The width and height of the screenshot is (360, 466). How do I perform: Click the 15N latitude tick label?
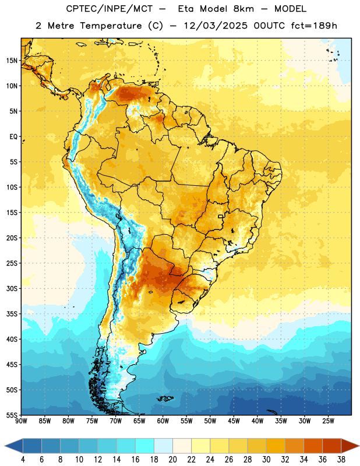(12, 61)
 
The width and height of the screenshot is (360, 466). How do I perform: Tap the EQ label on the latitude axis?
(13, 137)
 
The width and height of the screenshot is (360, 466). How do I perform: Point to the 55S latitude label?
(12, 415)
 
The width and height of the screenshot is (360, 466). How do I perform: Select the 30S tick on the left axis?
(12, 288)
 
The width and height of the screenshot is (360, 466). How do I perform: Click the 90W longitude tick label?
(21, 421)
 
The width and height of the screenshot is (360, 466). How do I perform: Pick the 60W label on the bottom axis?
(163, 421)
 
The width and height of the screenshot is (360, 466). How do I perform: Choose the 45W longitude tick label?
(234, 421)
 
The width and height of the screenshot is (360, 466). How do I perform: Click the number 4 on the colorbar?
(23, 460)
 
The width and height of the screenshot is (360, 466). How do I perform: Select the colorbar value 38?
(341, 460)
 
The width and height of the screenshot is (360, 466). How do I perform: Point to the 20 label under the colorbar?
(172, 460)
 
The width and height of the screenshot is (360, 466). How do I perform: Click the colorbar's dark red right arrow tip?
(358, 446)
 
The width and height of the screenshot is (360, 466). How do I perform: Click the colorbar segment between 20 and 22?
(182, 446)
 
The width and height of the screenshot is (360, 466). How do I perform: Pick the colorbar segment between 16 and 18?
(144, 446)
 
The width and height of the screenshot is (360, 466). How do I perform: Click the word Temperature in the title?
(111, 26)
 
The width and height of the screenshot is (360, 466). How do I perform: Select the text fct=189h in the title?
(314, 26)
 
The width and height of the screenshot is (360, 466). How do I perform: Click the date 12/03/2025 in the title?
(216, 26)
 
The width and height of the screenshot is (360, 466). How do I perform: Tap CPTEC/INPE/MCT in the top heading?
(110, 9)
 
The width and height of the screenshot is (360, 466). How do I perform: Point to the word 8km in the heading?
(243, 9)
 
